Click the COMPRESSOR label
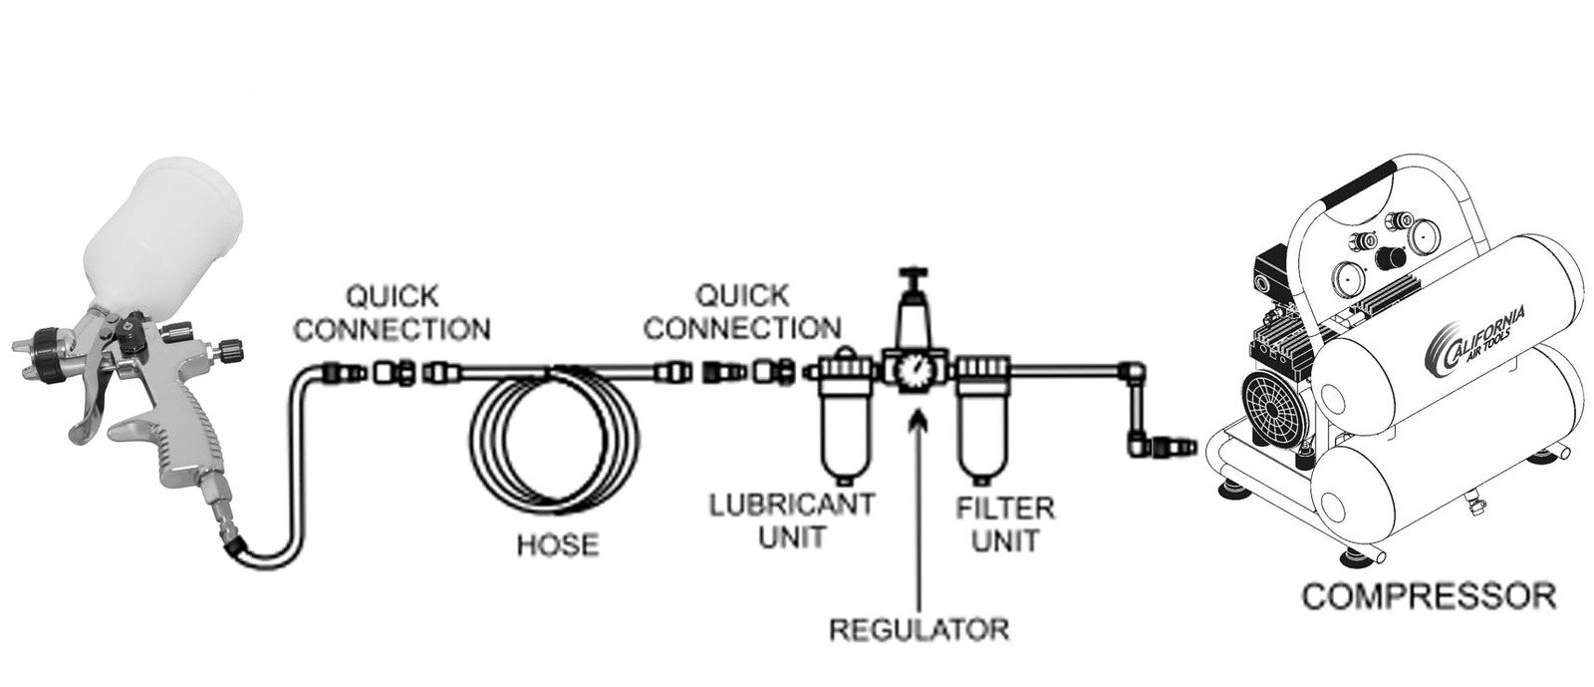click(x=1429, y=596)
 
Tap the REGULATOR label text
click(x=920, y=629)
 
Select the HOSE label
click(x=558, y=545)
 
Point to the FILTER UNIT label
click(x=1005, y=524)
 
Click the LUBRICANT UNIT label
click(x=792, y=520)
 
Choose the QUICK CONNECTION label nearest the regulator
click(x=742, y=312)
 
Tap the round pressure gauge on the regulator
click(x=914, y=372)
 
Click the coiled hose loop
click(x=554, y=437)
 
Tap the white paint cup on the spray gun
click(x=163, y=236)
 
